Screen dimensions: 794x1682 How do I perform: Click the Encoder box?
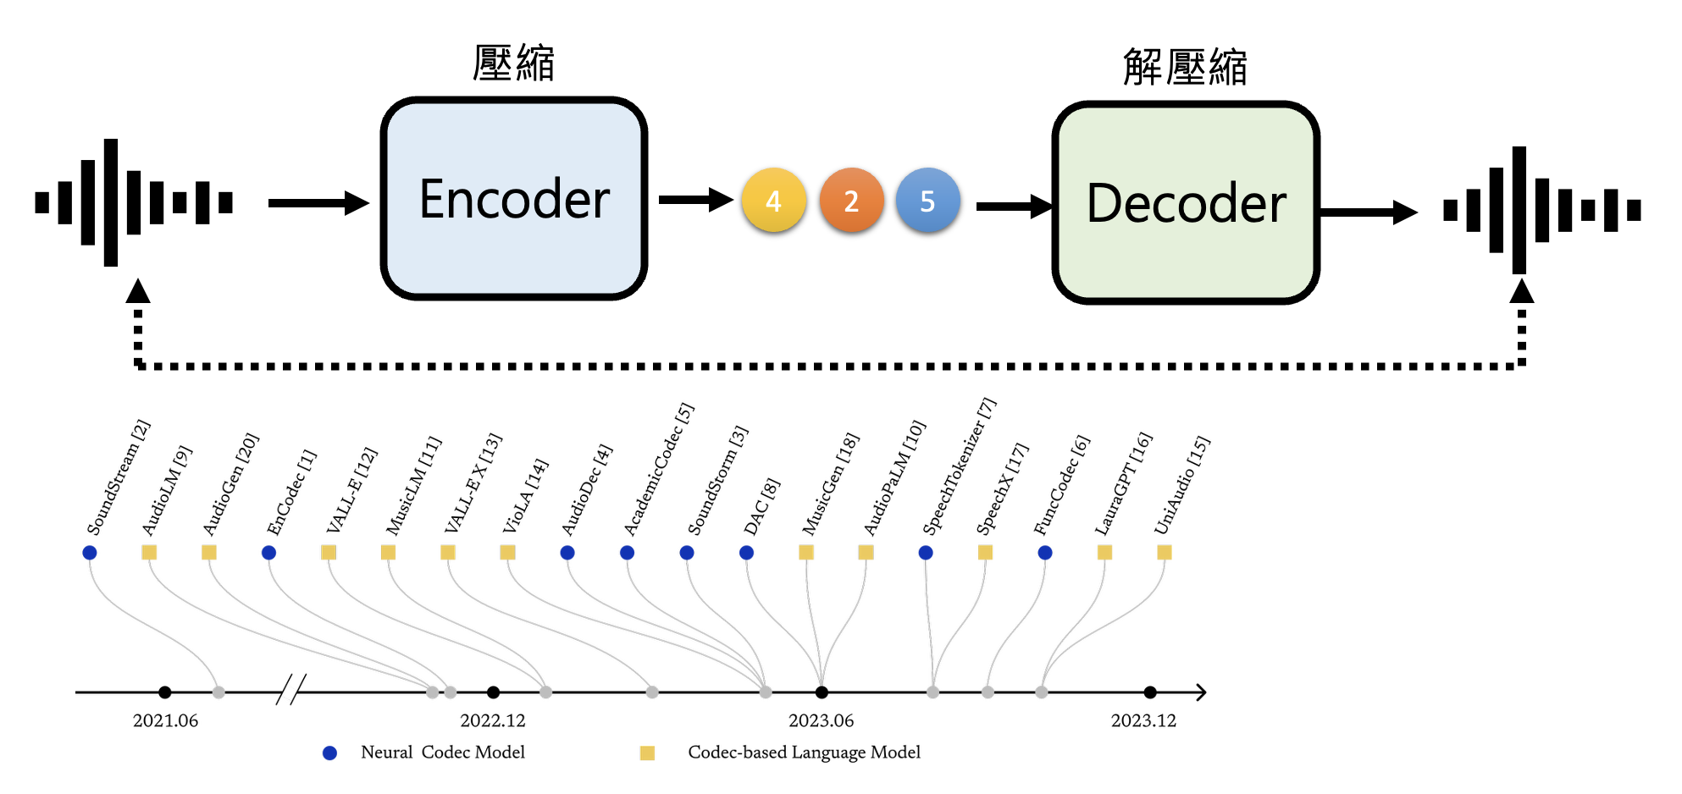(514, 199)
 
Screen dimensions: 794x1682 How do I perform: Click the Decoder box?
(1186, 203)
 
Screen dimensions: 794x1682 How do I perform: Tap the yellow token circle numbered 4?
(773, 201)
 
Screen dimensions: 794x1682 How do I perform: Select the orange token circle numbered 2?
(851, 201)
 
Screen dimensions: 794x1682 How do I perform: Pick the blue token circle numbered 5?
(927, 201)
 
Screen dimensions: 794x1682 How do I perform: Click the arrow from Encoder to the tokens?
(694, 200)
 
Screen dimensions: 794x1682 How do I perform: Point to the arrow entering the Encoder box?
(318, 203)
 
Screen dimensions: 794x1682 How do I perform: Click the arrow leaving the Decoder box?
(1368, 212)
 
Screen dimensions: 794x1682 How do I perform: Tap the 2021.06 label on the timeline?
(165, 720)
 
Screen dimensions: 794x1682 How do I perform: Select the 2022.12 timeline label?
(492, 720)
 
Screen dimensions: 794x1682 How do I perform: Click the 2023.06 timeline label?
(821, 720)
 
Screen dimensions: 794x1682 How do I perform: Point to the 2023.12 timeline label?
(1143, 720)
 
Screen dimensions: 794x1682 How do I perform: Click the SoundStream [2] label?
(119, 478)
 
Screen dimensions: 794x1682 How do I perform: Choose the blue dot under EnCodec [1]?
(268, 553)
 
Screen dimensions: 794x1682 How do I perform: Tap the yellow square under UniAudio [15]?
(1165, 553)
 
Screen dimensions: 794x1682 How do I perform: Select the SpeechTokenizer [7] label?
(959, 467)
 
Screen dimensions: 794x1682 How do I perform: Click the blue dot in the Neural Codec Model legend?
(330, 753)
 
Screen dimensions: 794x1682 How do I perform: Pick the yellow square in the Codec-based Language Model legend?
(647, 753)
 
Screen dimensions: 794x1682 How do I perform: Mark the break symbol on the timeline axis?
(290, 690)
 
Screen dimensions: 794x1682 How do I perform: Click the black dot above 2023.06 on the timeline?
(822, 692)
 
